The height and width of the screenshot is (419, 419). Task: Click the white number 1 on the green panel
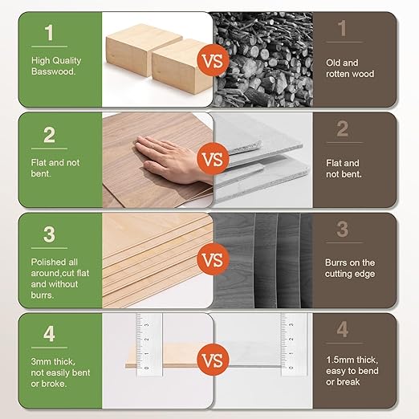(50, 34)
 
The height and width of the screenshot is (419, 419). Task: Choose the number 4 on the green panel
(50, 331)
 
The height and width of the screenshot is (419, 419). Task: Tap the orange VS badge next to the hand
(212, 160)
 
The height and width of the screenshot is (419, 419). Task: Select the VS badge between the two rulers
(212, 360)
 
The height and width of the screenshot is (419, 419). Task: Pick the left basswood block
(133, 50)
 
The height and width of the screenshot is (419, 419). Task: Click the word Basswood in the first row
(54, 71)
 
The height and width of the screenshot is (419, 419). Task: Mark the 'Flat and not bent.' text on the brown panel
(344, 168)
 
